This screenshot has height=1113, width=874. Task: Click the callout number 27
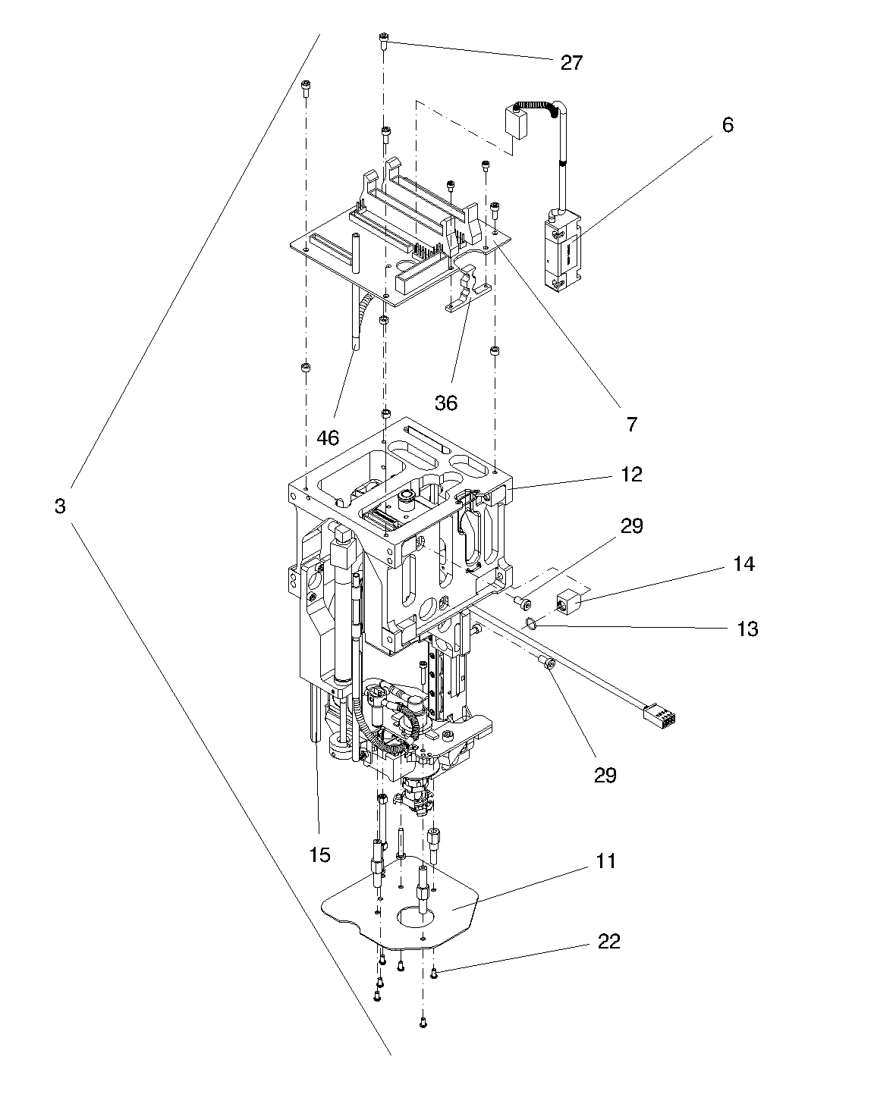click(x=572, y=63)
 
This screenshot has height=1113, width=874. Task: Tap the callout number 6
click(x=728, y=125)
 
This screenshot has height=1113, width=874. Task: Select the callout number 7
click(x=632, y=424)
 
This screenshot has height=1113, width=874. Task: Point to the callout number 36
click(x=445, y=403)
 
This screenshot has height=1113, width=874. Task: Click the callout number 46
click(x=328, y=438)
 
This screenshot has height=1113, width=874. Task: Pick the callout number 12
click(x=631, y=475)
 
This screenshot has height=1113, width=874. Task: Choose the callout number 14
click(x=744, y=564)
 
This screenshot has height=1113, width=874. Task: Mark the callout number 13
click(x=747, y=629)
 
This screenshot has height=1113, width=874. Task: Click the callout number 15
click(x=319, y=854)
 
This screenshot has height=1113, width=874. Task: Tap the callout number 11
click(x=605, y=861)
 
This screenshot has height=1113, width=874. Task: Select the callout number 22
click(x=608, y=942)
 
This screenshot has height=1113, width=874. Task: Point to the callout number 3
click(x=60, y=506)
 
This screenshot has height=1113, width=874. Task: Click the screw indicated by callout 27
click(x=383, y=40)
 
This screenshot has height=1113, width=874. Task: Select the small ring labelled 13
click(x=531, y=622)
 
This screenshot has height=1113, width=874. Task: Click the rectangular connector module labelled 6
click(x=561, y=252)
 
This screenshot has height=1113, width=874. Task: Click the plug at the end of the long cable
click(x=659, y=716)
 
